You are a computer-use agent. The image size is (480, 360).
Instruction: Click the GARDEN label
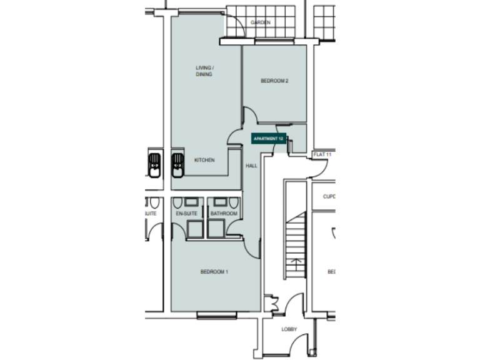[260, 22]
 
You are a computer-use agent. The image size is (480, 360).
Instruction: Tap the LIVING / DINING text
[204, 71]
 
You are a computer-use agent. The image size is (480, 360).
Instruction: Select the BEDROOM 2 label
[274, 81]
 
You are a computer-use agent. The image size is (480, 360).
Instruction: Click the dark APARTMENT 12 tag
[269, 138]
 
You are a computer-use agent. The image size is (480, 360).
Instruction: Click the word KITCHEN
[204, 160]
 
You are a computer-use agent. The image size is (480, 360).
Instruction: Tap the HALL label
[251, 166]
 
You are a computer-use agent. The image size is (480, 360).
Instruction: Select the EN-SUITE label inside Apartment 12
[186, 214]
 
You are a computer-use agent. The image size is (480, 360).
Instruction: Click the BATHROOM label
[223, 214]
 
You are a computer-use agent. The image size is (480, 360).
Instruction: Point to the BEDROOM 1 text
[214, 271]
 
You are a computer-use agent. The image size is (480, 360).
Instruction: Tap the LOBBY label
[289, 329]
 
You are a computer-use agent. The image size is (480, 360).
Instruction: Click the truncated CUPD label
[329, 196]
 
